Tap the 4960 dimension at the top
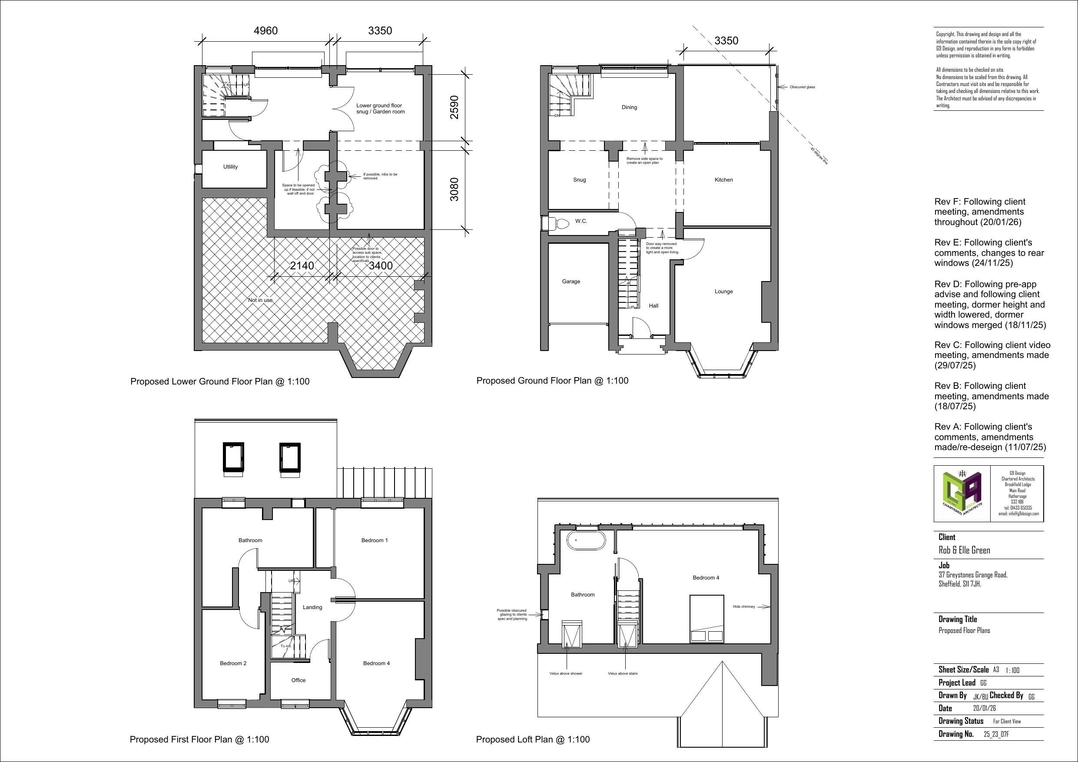pos(265,31)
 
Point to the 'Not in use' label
pos(260,300)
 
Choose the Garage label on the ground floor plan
pos(571,282)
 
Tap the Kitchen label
pos(723,180)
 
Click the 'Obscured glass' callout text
pos(802,87)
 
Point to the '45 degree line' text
pos(819,156)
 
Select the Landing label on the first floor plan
pos(312,607)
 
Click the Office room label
pos(298,680)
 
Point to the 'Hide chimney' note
pos(744,607)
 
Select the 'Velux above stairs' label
pos(623,674)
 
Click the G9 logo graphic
pos(962,494)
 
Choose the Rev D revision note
pos(990,305)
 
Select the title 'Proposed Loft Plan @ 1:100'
pos(532,739)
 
